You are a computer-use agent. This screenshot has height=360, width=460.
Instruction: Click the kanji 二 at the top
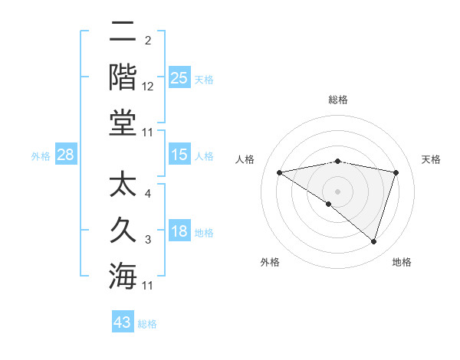123,33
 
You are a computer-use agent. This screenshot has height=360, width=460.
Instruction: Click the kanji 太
123,185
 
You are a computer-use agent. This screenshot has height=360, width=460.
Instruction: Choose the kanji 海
123,275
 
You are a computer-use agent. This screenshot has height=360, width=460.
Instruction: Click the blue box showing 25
179,77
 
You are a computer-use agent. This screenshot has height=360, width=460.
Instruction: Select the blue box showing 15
179,155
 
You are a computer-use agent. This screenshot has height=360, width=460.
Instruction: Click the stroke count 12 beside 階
148,87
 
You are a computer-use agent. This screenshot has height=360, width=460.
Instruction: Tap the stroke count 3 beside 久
148,240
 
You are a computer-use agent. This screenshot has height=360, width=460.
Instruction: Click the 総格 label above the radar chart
337,100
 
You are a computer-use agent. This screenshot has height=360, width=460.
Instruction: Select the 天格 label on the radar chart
431,159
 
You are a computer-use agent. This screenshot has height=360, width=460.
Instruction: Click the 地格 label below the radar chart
402,262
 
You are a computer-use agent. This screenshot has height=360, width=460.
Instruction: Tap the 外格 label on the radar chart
270,262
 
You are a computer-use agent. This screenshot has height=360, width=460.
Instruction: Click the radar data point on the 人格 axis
280,172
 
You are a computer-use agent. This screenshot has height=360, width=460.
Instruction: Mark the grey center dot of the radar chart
337,191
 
